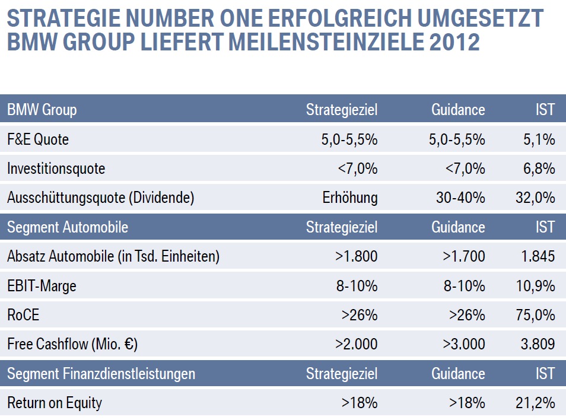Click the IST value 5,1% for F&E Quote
tap(539, 139)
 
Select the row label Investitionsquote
tap(56, 168)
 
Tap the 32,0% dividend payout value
tap(535, 198)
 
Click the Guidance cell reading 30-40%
tap(460, 198)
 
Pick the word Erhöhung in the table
tap(350, 198)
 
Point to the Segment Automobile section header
tap(68, 227)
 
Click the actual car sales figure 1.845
tap(538, 256)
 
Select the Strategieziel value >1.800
tap(357, 256)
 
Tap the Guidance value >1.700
tap(464, 256)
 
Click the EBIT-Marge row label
tap(42, 286)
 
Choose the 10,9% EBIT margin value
tap(536, 286)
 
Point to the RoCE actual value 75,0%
tap(535, 315)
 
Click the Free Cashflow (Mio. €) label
tap(72, 344)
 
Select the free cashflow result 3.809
tap(538, 344)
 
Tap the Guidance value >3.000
tap(464, 344)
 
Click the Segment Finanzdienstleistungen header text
tap(101, 374)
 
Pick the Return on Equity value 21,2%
tap(535, 403)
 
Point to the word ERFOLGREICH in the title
tap(340, 18)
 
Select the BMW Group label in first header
tap(42, 110)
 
